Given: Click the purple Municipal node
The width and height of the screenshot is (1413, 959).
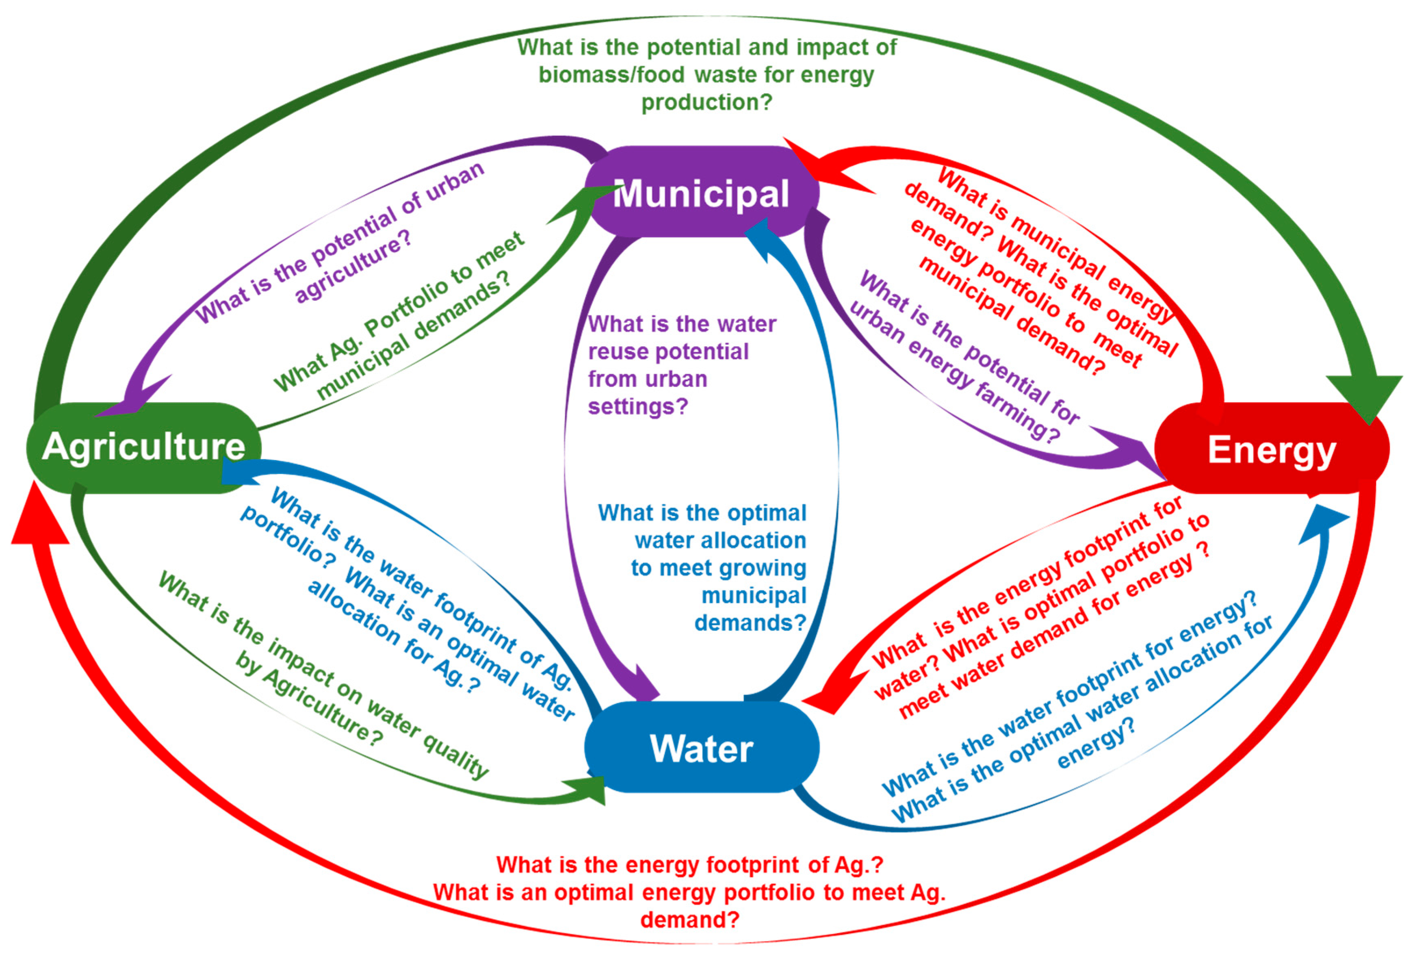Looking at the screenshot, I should [701, 192].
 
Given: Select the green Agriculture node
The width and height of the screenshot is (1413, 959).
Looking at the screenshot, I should [143, 447].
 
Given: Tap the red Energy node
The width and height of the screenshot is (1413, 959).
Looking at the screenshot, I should [1271, 449].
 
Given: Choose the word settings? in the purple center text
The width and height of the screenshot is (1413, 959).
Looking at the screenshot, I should [637, 406].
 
